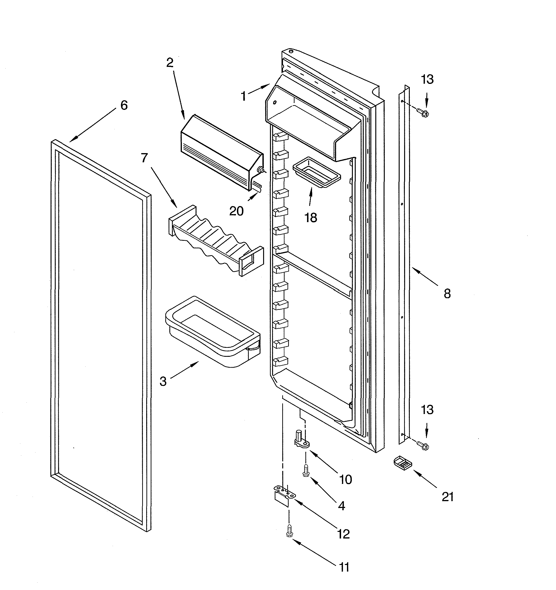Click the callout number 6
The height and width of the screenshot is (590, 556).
tap(124, 105)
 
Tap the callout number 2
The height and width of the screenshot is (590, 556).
tap(170, 63)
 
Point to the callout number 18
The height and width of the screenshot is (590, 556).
tap(311, 218)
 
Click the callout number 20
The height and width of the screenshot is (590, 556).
tap(236, 211)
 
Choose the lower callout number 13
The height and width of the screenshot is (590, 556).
tap(427, 410)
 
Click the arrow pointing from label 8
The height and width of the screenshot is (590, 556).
tap(424, 276)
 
